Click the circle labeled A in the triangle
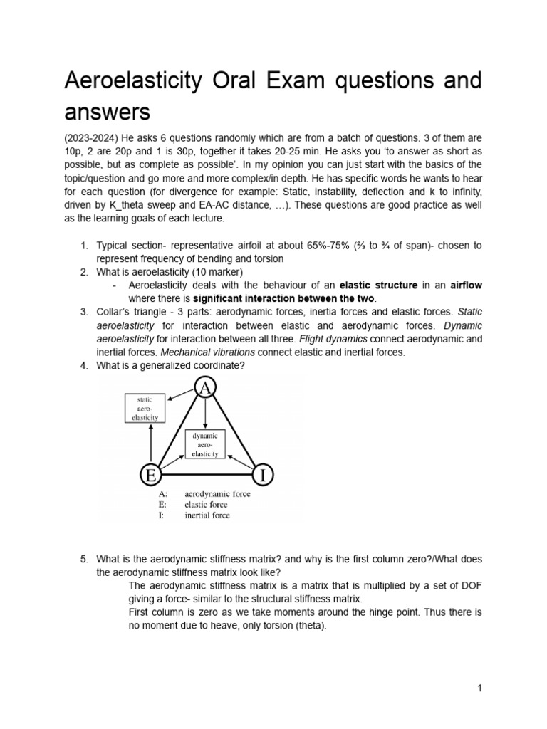click(206, 387)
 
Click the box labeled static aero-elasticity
click(145, 409)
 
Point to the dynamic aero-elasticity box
click(205, 444)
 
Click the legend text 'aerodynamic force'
click(217, 493)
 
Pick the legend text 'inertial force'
click(207, 515)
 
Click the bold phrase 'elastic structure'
click(381, 285)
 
